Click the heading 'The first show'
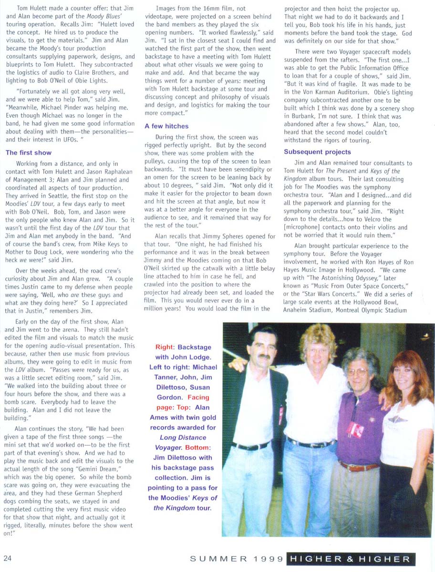coord(29,153)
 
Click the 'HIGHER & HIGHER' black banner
coord(351,559)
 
